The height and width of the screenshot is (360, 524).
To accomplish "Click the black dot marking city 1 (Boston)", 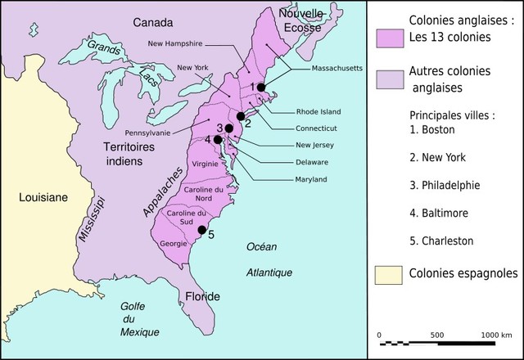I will (x=261, y=87).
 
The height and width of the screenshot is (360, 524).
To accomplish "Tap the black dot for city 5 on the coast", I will (x=202, y=230).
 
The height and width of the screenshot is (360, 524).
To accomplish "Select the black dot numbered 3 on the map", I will (x=229, y=128).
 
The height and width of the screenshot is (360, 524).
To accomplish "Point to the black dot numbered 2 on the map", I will (x=241, y=116).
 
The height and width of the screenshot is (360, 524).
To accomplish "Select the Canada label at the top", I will (x=153, y=20).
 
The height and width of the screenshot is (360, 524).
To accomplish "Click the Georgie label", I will (x=174, y=243).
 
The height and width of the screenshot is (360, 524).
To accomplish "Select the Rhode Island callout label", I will (x=318, y=111).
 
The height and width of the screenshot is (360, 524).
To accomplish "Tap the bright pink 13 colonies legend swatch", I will (x=388, y=37).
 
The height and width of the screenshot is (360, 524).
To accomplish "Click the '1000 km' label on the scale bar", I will (x=495, y=335).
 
